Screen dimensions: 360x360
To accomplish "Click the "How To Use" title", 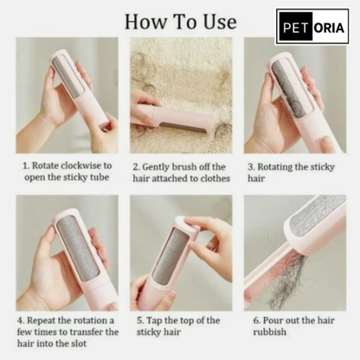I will click(181, 20).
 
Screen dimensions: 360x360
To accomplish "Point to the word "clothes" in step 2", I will click(212, 178).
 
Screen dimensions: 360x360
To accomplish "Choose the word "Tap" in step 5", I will click(157, 319).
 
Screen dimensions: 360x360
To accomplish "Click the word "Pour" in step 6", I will click(281, 319).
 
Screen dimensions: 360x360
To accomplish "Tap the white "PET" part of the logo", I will click(294, 26).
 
